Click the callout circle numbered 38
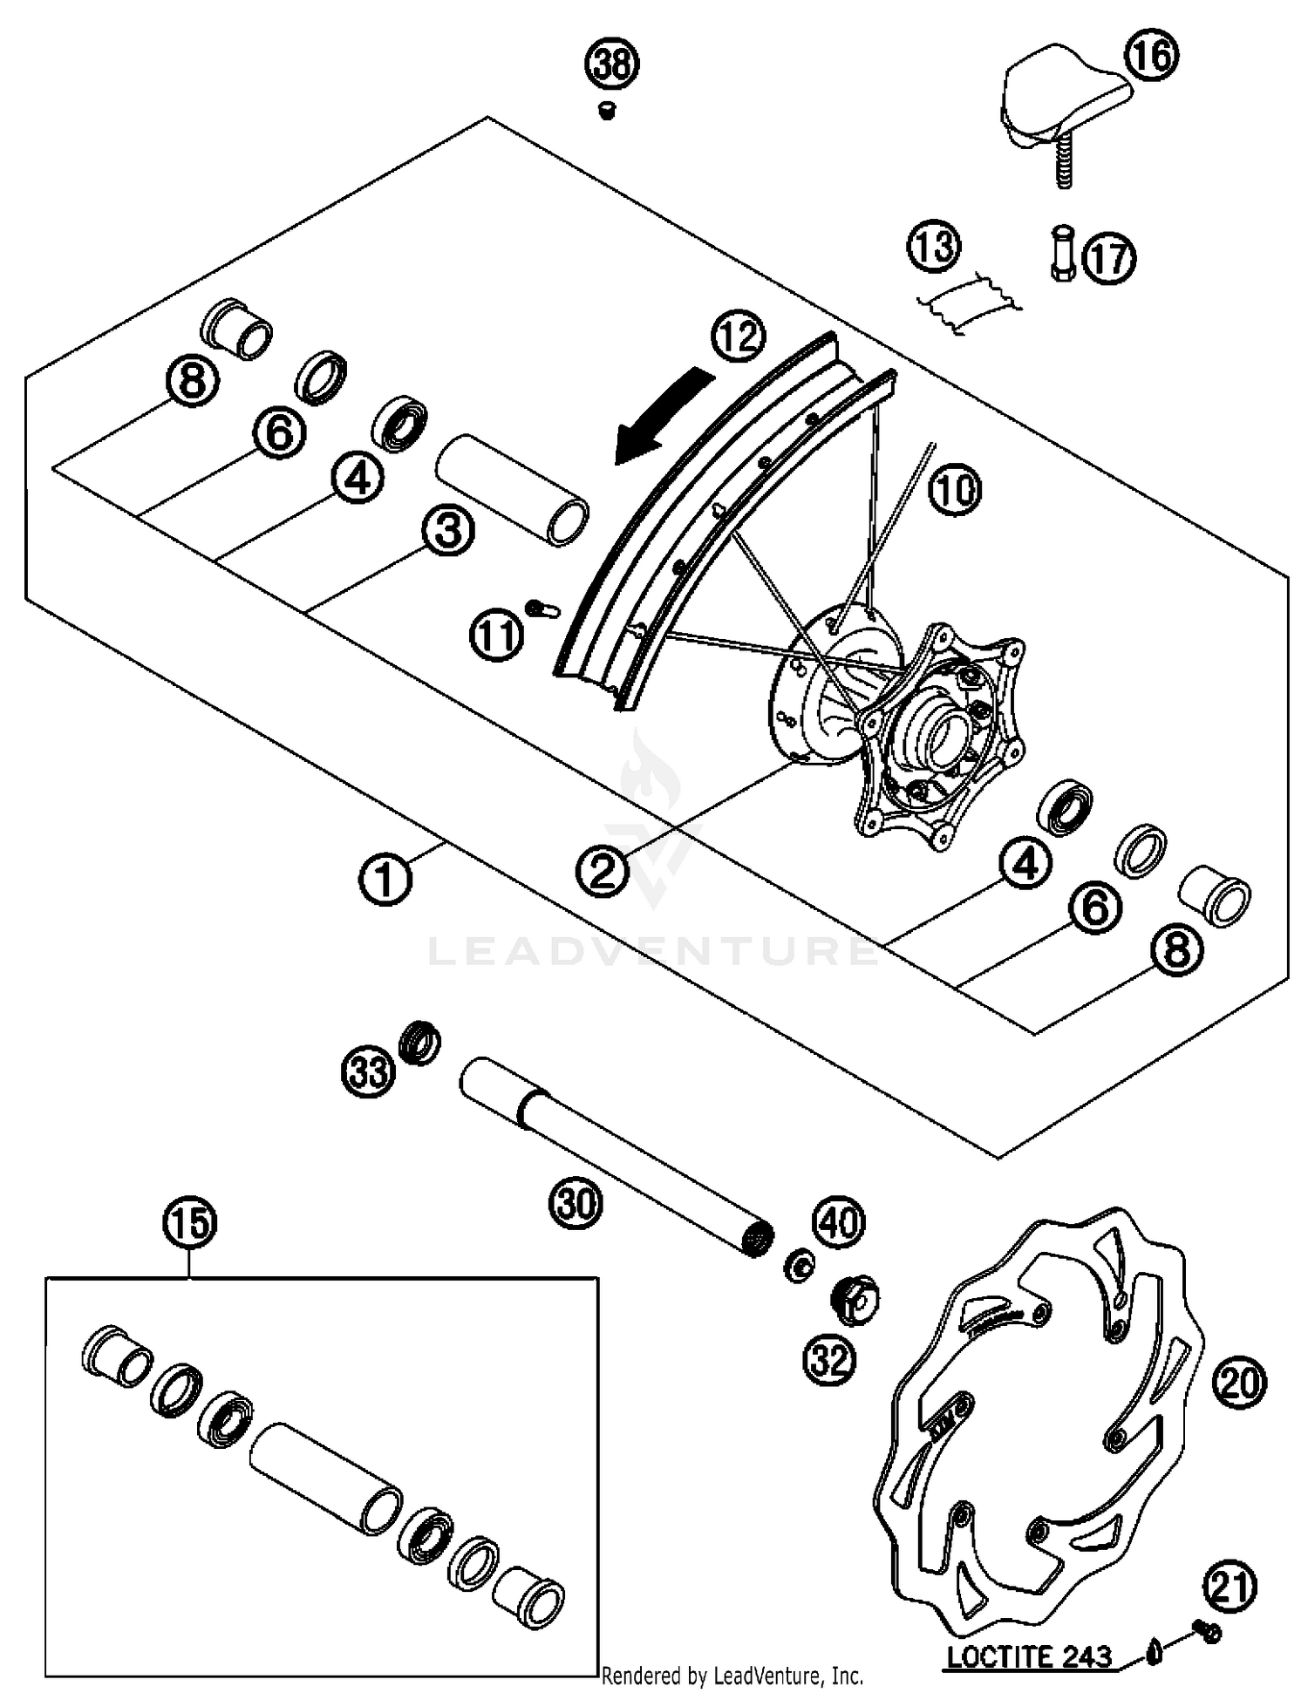pyautogui.click(x=612, y=65)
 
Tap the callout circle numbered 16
pyautogui.click(x=1150, y=56)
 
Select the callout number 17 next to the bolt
pyautogui.click(x=1109, y=259)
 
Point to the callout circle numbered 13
pyautogui.click(x=933, y=247)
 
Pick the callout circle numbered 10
pyautogui.click(x=954, y=491)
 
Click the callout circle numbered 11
pyautogui.click(x=497, y=636)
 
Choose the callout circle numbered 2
pyautogui.click(x=603, y=869)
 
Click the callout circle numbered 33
pyautogui.click(x=367, y=1071)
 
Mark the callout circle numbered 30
pyautogui.click(x=576, y=1204)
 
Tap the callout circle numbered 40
pyautogui.click(x=839, y=1222)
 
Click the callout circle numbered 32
pyautogui.click(x=829, y=1359)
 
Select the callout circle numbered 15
pyautogui.click(x=190, y=1223)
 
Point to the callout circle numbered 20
pyautogui.click(x=1239, y=1383)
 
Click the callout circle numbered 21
pyautogui.click(x=1230, y=1587)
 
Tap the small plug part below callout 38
pyautogui.click(x=607, y=110)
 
